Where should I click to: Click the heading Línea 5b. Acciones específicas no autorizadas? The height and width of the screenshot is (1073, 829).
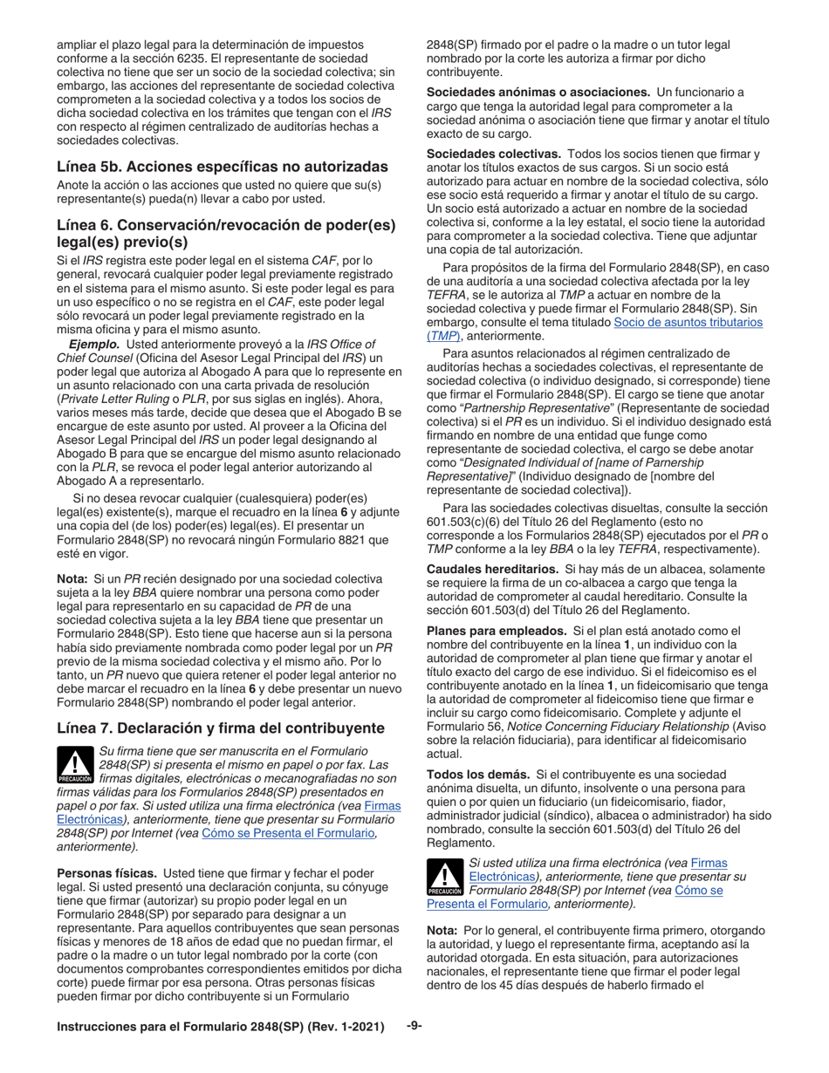pyautogui.click(x=222, y=167)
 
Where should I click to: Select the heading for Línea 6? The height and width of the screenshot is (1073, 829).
pyautogui.click(x=226, y=233)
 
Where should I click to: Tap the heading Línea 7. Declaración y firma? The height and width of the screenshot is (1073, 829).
pyautogui.click(x=220, y=728)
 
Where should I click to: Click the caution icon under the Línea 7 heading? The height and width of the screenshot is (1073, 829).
pyautogui.click(x=74, y=765)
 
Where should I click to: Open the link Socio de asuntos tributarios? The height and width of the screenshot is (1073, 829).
pyautogui.click(x=688, y=322)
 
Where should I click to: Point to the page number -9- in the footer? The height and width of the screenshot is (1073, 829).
pyautogui.click(x=414, y=1026)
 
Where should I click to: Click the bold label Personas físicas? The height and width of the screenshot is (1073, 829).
pyautogui.click(x=106, y=873)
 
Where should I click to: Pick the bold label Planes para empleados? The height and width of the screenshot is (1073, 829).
pyautogui.click(x=496, y=630)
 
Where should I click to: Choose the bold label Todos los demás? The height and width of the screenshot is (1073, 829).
pyautogui.click(x=477, y=774)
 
